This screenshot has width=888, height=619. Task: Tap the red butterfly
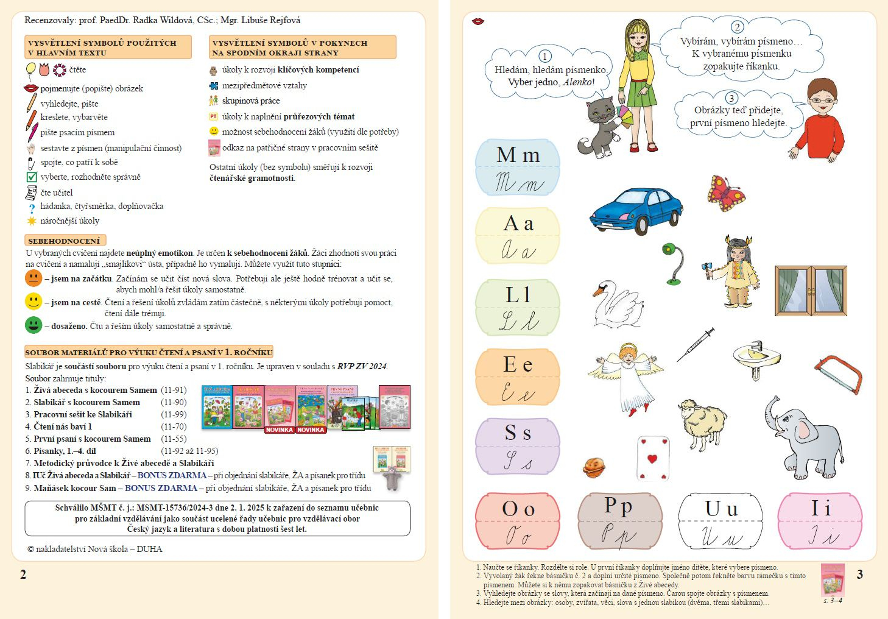pyautogui.click(x=726, y=193)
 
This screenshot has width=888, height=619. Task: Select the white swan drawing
pyautogui.click(x=616, y=303)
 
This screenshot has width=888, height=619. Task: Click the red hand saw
pyautogui.click(x=839, y=373)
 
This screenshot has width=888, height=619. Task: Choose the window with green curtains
pyautogui.click(x=810, y=291)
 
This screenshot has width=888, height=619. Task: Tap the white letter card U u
pyautogui.click(x=721, y=521)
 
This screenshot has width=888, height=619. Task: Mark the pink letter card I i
pyautogui.click(x=820, y=521)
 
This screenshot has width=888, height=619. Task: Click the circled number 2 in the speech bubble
pyautogui.click(x=737, y=27)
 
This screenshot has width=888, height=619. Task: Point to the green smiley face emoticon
pyautogui.click(x=33, y=325)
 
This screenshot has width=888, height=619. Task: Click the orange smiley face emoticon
pyautogui.click(x=33, y=278)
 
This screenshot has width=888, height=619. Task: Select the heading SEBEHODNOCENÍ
pyautogui.click(x=65, y=241)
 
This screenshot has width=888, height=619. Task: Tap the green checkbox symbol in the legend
pyautogui.click(x=32, y=177)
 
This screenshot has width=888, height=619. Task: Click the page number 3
pyautogui.click(x=859, y=574)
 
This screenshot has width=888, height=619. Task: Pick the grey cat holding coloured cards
pyautogui.click(x=599, y=128)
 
